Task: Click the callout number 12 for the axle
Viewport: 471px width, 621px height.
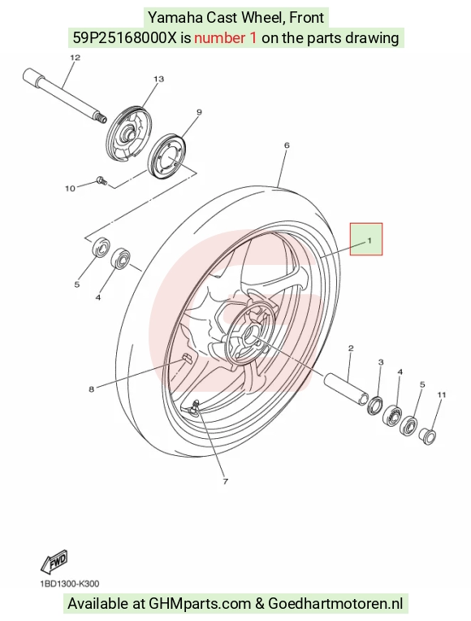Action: pos(76,58)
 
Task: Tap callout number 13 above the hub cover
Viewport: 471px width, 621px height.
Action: pos(158,79)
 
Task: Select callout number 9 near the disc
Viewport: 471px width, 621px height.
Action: pos(199,112)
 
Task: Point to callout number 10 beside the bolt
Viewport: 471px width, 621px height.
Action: pos(70,189)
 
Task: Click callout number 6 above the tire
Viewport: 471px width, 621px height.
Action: pos(287,145)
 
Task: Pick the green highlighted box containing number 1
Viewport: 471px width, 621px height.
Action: pos(366,239)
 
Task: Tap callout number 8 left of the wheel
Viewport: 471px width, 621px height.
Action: pos(92,389)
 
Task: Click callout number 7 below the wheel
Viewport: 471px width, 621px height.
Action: pos(226,481)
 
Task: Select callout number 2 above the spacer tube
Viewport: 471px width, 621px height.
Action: pos(351,349)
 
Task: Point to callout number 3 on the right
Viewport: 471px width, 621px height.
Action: pos(381,362)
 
